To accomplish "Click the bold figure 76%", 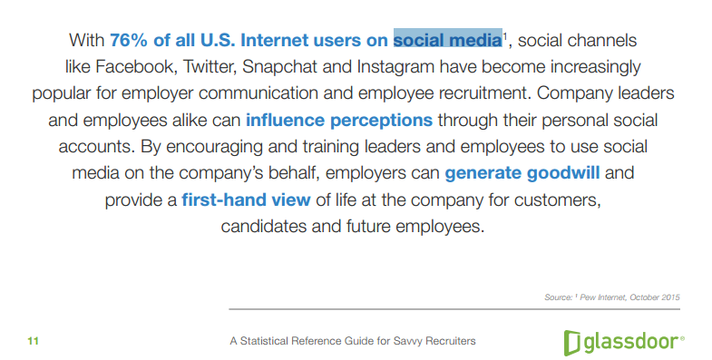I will pyautogui.click(x=130, y=41).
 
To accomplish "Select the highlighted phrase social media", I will pyautogui.click(x=447, y=41).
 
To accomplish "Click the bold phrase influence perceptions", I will pyautogui.click(x=338, y=121).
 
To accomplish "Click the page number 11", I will pyautogui.click(x=34, y=341).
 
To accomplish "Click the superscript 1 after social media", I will pyautogui.click(x=505, y=36).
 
